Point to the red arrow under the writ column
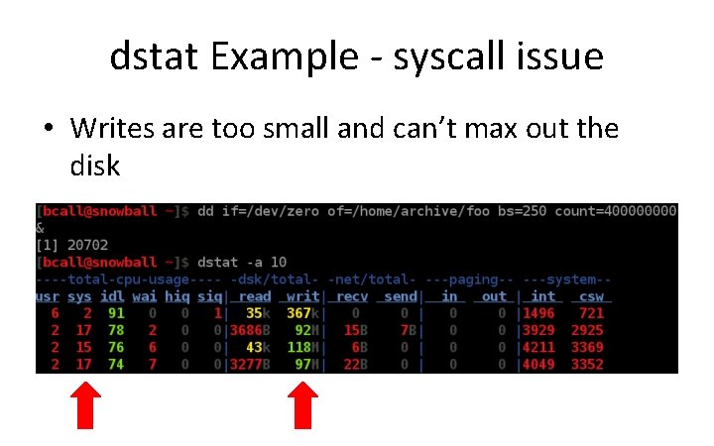pyautogui.click(x=301, y=406)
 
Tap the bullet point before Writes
pyautogui.click(x=48, y=130)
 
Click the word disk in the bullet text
pyautogui.click(x=94, y=166)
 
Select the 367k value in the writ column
pyautogui.click(x=298, y=312)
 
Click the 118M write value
pyautogui.click(x=298, y=346)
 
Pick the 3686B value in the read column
pyautogui.click(x=249, y=329)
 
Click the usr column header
pyautogui.click(x=47, y=295)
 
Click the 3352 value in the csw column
pyautogui.click(x=586, y=363)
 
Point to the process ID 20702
pyautogui.click(x=85, y=245)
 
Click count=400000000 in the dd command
pyautogui.click(x=615, y=211)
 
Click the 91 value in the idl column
pyautogui.click(x=116, y=312)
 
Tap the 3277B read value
pyautogui.click(x=249, y=363)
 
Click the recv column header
pyautogui.click(x=352, y=295)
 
